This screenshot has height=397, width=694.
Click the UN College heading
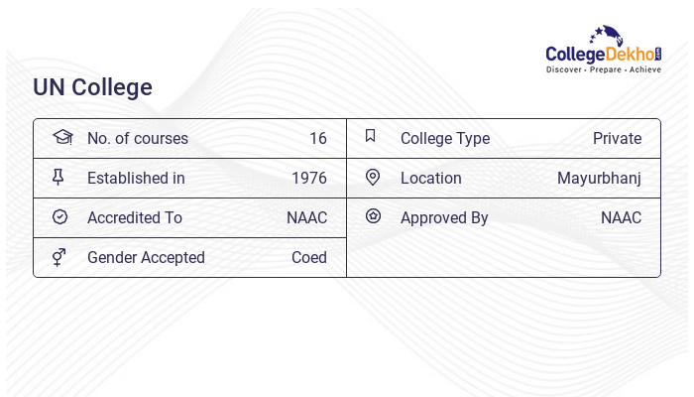point(93,87)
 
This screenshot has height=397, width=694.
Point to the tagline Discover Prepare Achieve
point(603,70)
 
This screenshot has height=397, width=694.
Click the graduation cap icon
point(62,137)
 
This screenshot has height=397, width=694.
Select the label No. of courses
point(137,138)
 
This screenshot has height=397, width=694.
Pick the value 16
point(317,138)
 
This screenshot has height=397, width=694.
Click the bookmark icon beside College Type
point(371,136)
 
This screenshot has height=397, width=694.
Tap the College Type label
point(445,138)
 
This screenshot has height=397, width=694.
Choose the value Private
point(617,138)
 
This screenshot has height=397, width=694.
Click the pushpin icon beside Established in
point(58,177)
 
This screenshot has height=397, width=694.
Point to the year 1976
point(309,178)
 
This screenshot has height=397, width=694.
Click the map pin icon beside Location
point(372,177)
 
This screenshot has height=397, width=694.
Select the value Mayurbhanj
point(599,178)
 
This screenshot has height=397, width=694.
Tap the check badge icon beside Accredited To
point(59,216)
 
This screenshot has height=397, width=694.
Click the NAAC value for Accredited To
point(306,217)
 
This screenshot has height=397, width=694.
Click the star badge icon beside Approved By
point(373,215)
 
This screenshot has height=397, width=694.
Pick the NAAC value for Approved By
point(621,217)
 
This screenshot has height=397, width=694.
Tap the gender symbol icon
point(58,257)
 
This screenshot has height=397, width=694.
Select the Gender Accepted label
point(146,257)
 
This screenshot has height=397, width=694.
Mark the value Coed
point(308,257)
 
